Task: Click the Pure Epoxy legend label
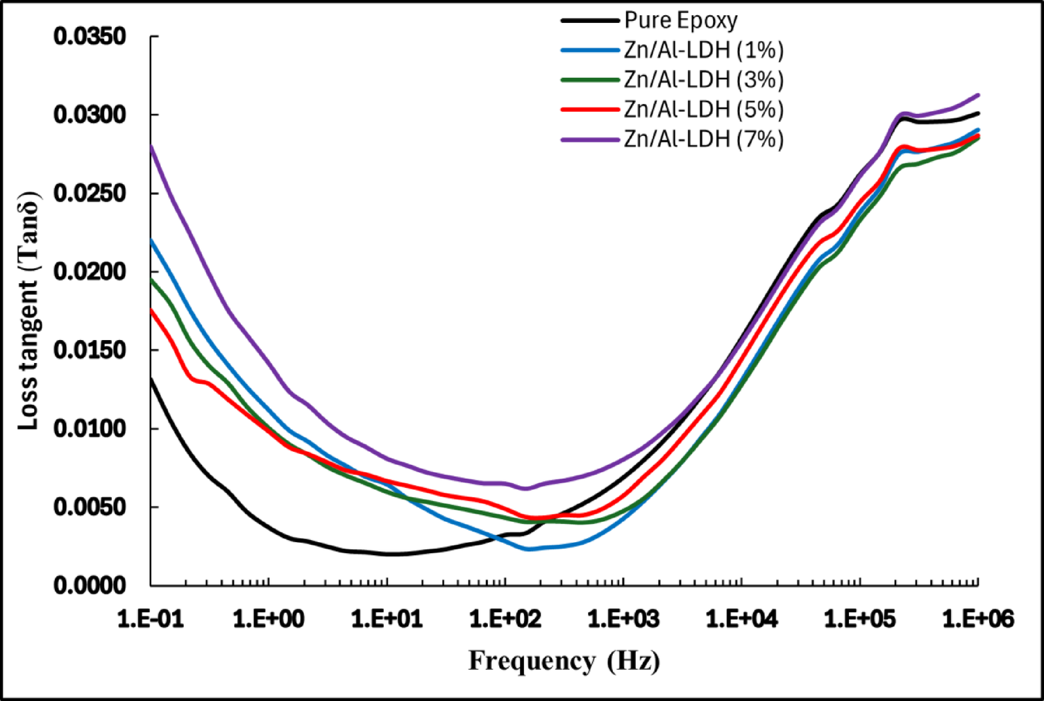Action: [680, 20]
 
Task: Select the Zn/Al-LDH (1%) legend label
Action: [703, 50]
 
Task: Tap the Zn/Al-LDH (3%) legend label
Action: [703, 80]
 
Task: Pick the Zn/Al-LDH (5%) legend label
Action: [703, 110]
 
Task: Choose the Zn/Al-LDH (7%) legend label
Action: [703, 140]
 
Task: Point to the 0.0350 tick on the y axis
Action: [90, 36]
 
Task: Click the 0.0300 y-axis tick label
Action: [90, 115]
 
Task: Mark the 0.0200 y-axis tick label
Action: [90, 271]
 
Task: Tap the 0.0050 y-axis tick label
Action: [90, 507]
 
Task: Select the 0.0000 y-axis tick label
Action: [90, 586]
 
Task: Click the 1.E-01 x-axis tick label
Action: [151, 618]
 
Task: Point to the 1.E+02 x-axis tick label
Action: [505, 618]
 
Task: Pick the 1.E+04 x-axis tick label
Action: [741, 618]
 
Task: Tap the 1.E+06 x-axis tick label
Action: [978, 618]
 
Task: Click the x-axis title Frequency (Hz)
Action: [564, 661]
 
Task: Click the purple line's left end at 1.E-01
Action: [151, 146]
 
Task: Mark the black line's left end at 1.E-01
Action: [151, 378]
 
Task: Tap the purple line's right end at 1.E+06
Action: [978, 95]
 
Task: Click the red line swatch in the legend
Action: [589, 110]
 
